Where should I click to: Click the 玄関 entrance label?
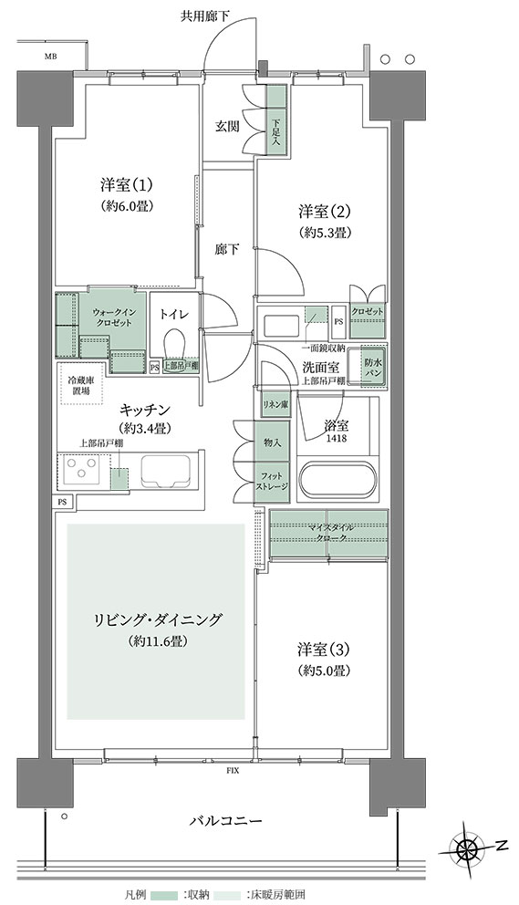(x=228, y=127)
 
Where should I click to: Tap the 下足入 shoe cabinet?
(x=276, y=119)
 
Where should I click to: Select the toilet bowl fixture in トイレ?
(x=174, y=345)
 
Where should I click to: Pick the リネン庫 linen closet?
(x=275, y=405)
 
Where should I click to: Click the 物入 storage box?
(x=272, y=442)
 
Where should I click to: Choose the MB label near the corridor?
(x=51, y=56)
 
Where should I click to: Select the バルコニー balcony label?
(x=226, y=821)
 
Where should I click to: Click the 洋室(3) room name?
(x=324, y=650)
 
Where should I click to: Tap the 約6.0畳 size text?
(x=128, y=206)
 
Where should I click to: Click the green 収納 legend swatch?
(x=164, y=895)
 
